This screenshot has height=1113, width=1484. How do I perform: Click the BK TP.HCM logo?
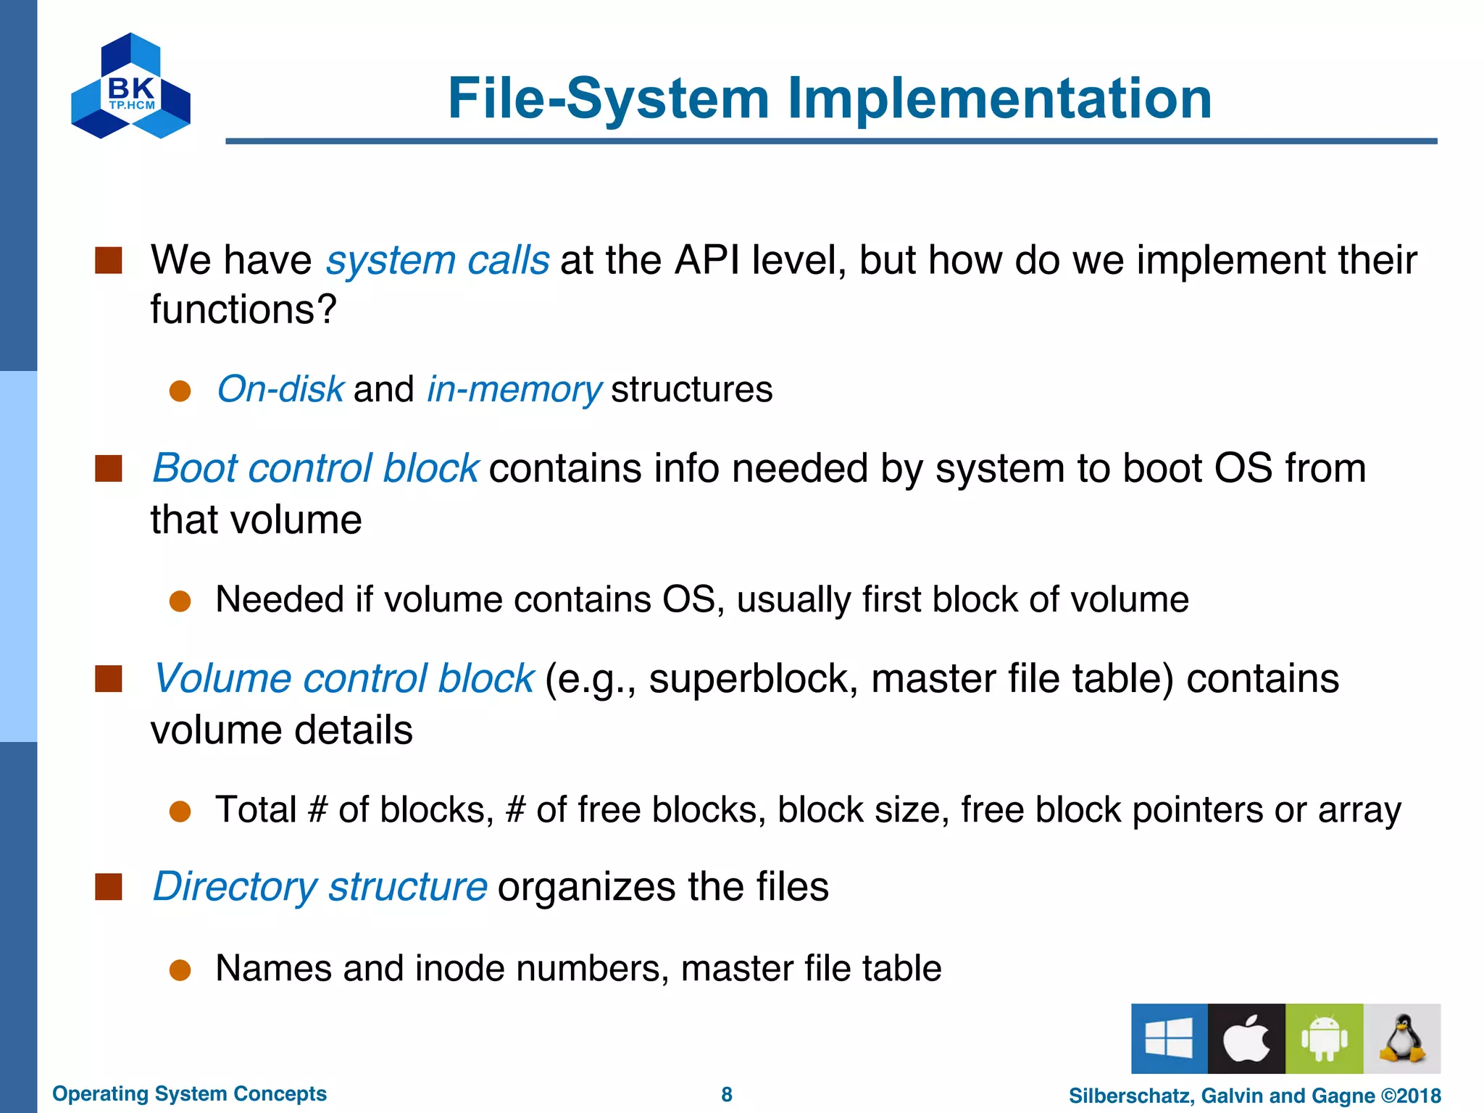click(x=130, y=86)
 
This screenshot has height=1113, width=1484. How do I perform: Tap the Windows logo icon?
click(x=1169, y=1038)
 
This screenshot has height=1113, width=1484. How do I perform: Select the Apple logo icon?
click(x=1246, y=1038)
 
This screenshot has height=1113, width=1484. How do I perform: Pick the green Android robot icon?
click(x=1324, y=1038)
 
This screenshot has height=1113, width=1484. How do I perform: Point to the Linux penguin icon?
click(x=1401, y=1038)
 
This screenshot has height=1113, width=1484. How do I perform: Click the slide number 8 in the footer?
click(x=727, y=1094)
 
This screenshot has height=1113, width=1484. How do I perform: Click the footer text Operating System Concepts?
click(x=189, y=1093)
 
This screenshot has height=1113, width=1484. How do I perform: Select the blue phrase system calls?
click(x=437, y=260)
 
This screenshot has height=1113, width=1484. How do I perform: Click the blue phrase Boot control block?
click(x=315, y=468)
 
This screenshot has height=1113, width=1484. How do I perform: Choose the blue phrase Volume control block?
click(x=343, y=678)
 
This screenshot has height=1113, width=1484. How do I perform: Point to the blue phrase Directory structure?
click(x=320, y=886)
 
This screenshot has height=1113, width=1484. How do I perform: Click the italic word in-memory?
click(x=514, y=389)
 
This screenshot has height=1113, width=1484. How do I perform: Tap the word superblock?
click(x=754, y=679)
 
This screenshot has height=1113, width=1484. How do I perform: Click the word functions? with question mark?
click(x=243, y=309)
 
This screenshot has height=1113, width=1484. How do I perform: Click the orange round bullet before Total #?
click(x=180, y=812)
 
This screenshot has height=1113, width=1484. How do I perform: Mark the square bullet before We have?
click(x=109, y=260)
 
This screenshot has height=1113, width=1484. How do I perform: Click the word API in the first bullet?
click(x=706, y=260)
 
